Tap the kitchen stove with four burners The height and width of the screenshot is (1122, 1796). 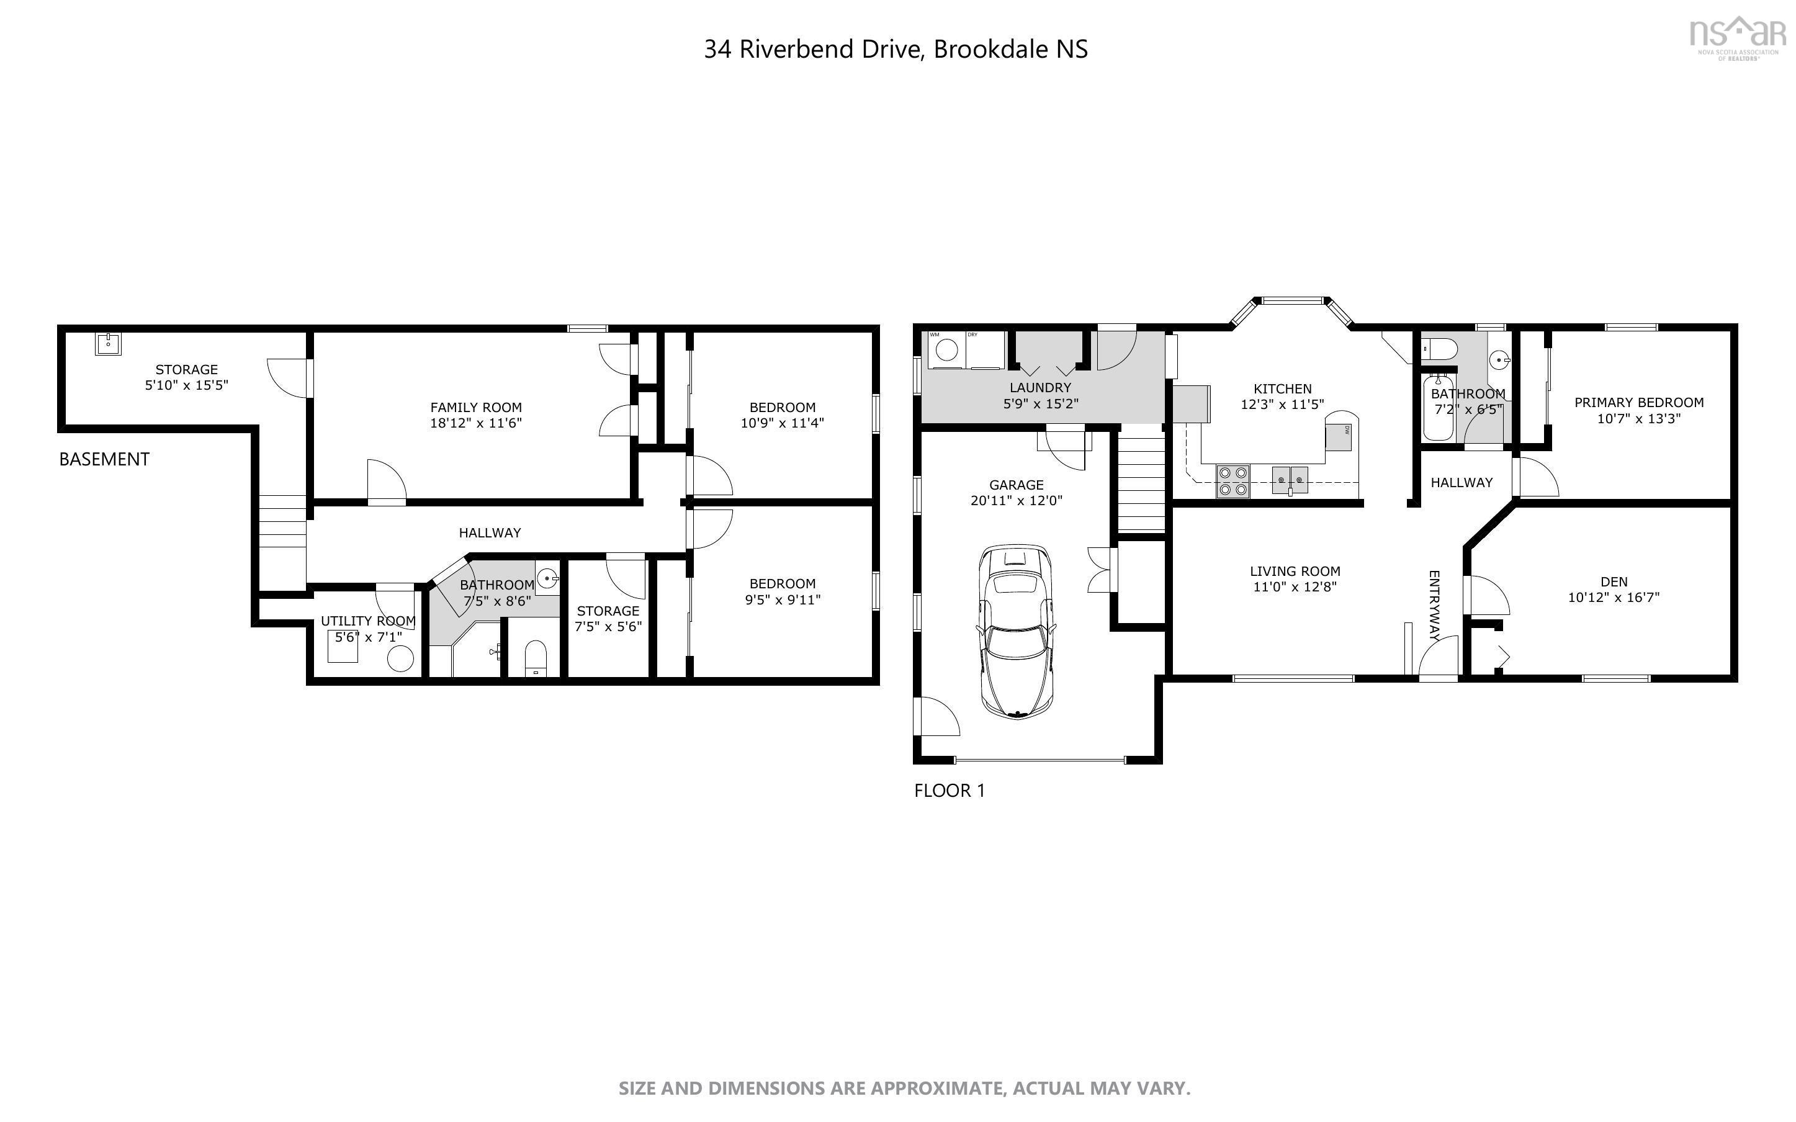pos(1233,481)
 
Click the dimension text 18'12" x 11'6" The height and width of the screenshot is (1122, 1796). pos(475,423)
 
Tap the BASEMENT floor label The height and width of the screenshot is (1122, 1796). pos(104,459)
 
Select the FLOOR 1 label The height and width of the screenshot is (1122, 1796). pos(949,790)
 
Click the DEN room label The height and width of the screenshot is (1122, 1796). pos(1614,581)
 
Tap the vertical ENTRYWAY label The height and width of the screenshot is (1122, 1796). pos(1434,606)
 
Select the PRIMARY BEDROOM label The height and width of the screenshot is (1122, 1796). pos(1639,402)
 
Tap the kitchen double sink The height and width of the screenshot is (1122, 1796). pos(1290,480)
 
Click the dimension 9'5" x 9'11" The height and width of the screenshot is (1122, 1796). pos(782,599)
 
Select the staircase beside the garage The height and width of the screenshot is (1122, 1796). pos(1140,485)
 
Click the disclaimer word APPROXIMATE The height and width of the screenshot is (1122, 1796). pos(935,1088)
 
